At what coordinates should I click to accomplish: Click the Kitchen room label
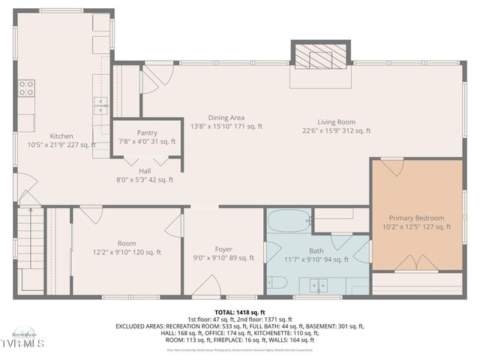click(61, 136)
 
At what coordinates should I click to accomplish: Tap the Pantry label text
click(147, 133)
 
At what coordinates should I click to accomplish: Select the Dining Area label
click(226, 118)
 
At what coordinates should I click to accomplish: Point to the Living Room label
click(336, 121)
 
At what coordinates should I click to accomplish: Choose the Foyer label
click(223, 248)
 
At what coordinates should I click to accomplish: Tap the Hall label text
click(145, 171)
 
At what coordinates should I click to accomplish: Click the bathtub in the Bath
click(288, 222)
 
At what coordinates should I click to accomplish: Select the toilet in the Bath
click(275, 283)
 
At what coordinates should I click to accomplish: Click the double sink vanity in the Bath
click(319, 286)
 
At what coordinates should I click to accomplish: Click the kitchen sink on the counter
click(100, 105)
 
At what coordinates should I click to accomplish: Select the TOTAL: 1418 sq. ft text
click(240, 311)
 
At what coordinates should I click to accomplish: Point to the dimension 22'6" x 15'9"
click(336, 130)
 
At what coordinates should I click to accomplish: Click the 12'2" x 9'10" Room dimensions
click(126, 252)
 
